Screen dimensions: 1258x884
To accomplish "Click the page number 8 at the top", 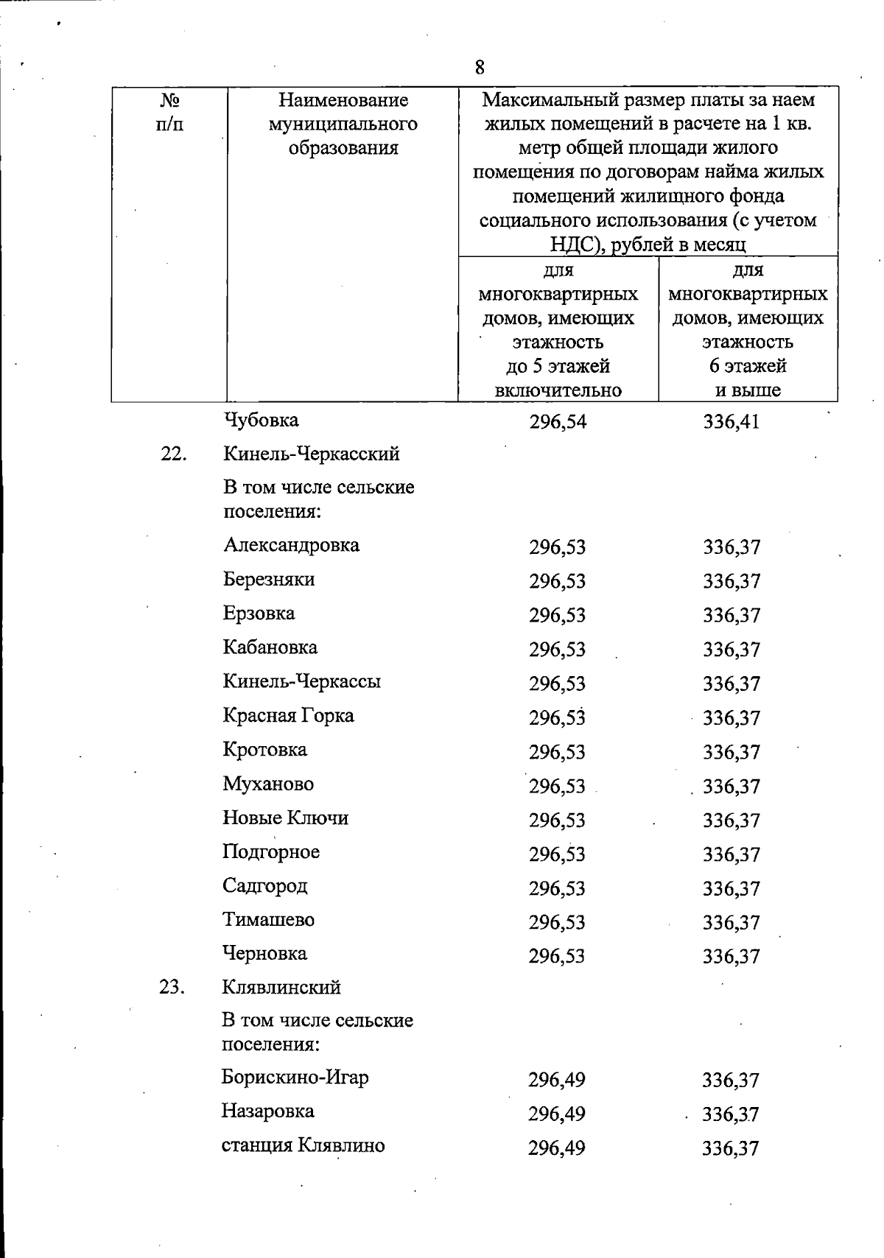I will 480,68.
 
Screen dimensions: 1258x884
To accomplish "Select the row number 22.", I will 172,454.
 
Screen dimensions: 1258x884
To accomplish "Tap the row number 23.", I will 171,987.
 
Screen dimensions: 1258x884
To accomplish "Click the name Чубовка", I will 261,421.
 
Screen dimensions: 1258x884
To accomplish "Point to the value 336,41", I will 731,422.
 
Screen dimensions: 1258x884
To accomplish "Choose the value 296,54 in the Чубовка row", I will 558,422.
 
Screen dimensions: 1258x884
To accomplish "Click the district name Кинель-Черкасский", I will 312,454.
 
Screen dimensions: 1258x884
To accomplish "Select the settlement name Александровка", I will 292,546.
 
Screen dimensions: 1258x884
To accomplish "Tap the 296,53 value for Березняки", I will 557,582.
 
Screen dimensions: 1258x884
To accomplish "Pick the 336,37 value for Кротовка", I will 731,753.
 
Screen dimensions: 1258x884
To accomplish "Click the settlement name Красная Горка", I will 289,716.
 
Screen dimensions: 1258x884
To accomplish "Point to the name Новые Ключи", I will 286,818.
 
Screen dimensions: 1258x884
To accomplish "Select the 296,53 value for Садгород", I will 557,889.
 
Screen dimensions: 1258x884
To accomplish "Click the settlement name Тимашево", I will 269,920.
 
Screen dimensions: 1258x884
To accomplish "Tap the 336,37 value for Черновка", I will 731,957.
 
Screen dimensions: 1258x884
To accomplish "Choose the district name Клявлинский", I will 281,987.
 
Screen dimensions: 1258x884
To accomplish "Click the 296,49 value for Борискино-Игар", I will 556,1080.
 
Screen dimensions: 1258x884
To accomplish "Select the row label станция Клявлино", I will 303,1145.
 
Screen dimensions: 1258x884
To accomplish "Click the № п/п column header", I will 170,112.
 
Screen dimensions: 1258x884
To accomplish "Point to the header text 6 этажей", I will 748,366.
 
